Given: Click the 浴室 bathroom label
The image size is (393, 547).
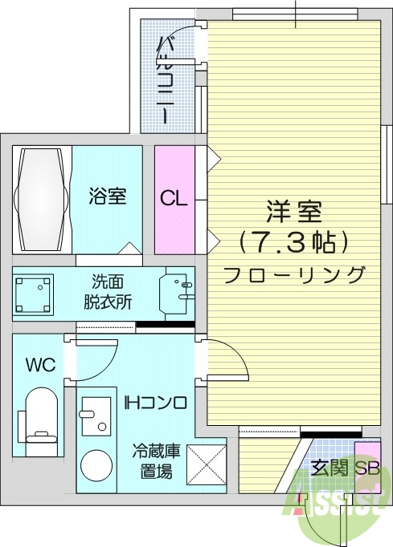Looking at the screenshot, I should click(107, 197).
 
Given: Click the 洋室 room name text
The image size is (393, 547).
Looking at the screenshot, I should click(294, 213).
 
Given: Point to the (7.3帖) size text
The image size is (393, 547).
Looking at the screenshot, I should click(294, 241).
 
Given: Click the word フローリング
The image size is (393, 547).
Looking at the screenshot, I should click(294, 274).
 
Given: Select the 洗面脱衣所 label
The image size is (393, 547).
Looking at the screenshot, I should click(108, 293).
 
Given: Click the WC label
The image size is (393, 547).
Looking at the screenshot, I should click(39, 366).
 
